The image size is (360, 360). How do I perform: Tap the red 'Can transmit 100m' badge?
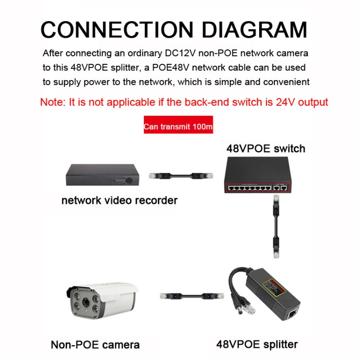tap(178, 128)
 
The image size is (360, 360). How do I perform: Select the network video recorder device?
tap(103, 175)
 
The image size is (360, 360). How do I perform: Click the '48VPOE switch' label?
tap(265, 148)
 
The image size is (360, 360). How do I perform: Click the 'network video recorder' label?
tap(119, 200)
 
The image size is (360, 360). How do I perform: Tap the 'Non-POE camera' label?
tap(95, 345)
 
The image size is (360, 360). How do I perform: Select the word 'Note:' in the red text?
tap(54, 102)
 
